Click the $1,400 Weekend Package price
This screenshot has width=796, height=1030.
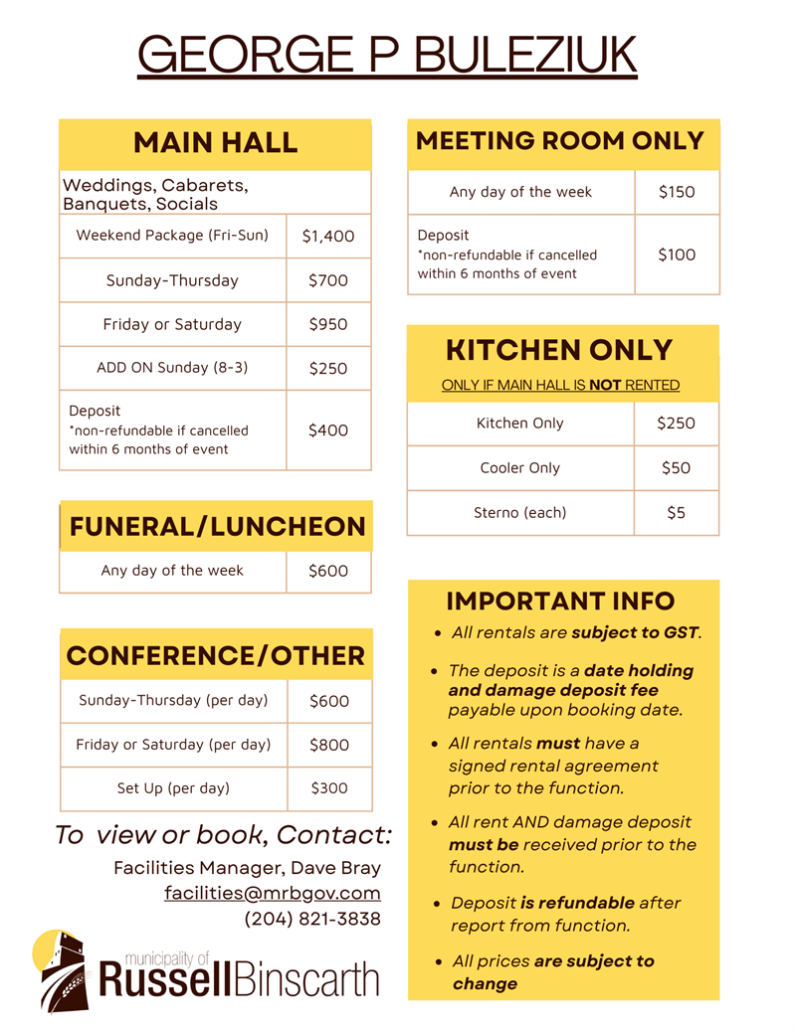point(328,237)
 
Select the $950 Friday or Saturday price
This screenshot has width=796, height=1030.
point(328,324)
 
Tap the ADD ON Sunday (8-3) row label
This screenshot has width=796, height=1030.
point(172,368)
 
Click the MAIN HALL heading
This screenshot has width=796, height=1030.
point(215,142)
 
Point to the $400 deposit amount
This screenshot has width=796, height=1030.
point(328,430)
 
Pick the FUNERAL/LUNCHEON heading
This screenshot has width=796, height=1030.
point(217,527)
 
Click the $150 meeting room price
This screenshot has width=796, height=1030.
point(677,192)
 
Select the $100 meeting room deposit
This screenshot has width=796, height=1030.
point(677,255)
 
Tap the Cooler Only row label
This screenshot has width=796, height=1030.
point(519,468)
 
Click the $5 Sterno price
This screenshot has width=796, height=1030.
point(676,513)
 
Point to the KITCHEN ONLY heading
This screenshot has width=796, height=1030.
point(559,350)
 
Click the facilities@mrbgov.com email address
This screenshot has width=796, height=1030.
point(273,893)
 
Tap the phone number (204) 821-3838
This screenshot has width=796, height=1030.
point(312,919)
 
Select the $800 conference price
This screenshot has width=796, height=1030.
point(329,745)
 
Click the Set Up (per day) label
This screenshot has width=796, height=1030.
point(173,788)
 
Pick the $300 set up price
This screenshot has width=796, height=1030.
point(329,788)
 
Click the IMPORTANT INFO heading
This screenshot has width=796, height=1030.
point(560,601)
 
